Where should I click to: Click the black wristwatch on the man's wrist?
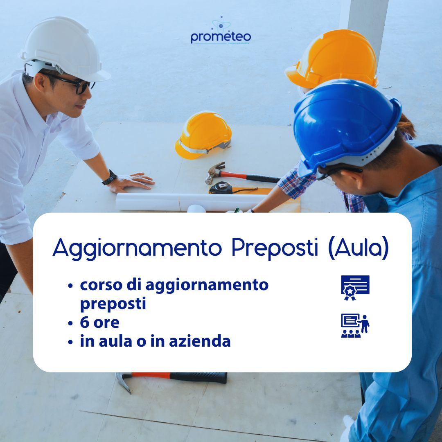(109, 178)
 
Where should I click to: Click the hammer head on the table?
(214, 172)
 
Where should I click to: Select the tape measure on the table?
(221, 188)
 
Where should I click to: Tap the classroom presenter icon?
(355, 326)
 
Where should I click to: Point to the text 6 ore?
(99, 322)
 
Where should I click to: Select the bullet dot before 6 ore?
(71, 323)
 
